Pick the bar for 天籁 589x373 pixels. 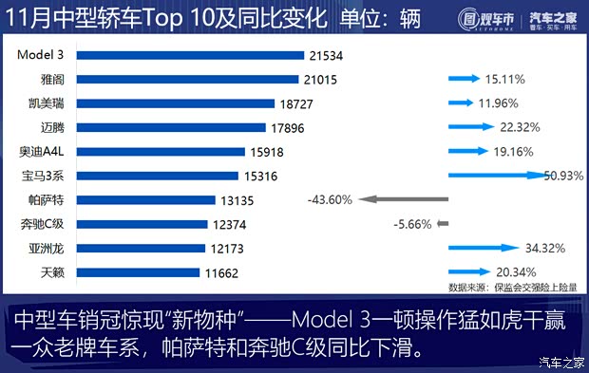(138, 272)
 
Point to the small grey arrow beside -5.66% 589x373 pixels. (441, 224)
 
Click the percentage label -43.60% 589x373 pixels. (330, 200)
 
